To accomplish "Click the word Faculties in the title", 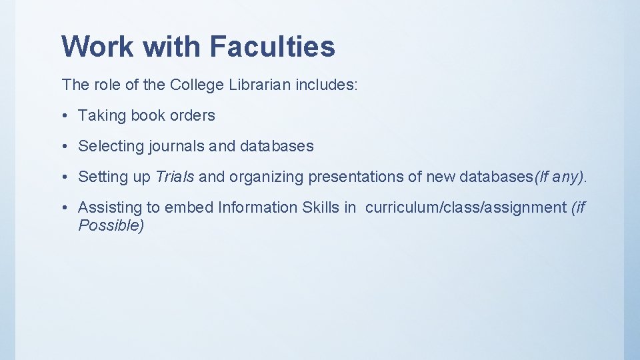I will pyautogui.click(x=272, y=47).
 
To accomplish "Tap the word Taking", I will pyautogui.click(x=102, y=115).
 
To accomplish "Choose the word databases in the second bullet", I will pyautogui.click(x=277, y=146).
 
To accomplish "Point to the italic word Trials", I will pyautogui.click(x=175, y=177).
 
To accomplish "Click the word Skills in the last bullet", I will pyautogui.click(x=321, y=207).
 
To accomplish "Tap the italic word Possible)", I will pyautogui.click(x=111, y=225).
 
